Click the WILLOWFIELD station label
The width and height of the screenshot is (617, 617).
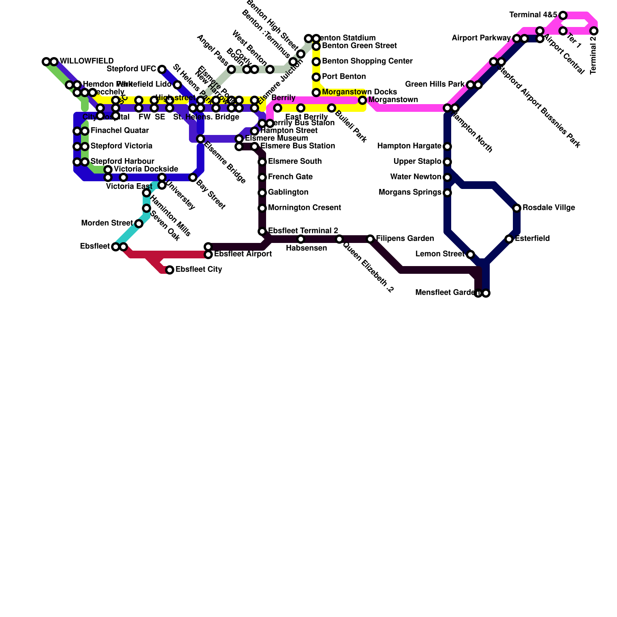[87, 61]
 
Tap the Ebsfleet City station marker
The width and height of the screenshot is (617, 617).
[170, 270]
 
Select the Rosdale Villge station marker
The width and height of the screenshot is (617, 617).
[517, 208]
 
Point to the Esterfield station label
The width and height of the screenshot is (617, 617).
[532, 239]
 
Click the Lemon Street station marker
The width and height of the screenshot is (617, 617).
[470, 255]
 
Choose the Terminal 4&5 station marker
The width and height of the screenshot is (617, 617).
[563, 15]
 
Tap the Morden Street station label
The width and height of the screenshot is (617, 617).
[107, 223]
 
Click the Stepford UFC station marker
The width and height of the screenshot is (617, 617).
[162, 69]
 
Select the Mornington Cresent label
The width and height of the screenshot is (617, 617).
[304, 208]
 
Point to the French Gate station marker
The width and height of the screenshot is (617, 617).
[262, 177]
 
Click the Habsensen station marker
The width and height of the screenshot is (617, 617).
[301, 239]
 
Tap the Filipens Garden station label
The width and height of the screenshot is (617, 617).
[405, 239]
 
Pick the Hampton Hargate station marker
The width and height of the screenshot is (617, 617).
[447, 147]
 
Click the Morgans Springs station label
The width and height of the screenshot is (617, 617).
[410, 192]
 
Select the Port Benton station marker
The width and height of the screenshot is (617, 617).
[316, 77]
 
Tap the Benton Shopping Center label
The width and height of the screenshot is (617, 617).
[367, 61]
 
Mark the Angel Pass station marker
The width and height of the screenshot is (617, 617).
[231, 69]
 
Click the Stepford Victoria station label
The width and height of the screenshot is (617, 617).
[121, 146]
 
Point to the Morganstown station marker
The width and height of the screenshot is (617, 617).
[362, 100]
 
